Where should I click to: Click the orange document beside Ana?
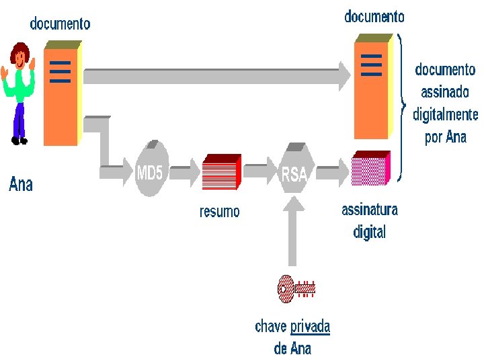pos(62,94)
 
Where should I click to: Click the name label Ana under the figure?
pos(21,184)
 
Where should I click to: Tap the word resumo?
pos(219,212)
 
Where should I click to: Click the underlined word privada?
pos(310,327)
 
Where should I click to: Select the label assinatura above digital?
pos(370,210)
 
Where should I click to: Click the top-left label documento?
pos(60,24)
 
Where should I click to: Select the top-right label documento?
pos(374,17)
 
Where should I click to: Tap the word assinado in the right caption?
pos(445,92)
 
